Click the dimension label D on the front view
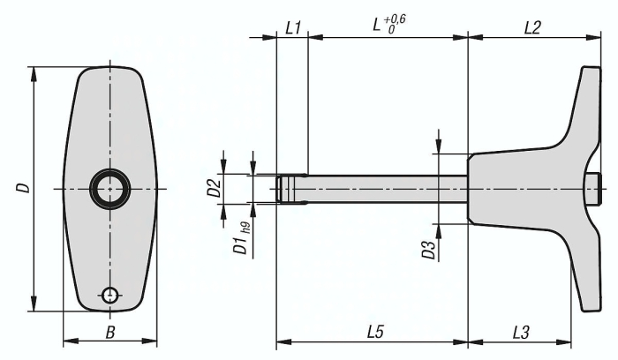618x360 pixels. pos(24,187)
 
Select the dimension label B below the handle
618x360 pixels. pos(110,333)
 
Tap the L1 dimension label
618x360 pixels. pos(293,28)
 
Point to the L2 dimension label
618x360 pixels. pos(532,28)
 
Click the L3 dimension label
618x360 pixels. pos(521,333)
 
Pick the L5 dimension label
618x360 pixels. pos(375,332)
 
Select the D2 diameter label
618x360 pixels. pos(214,188)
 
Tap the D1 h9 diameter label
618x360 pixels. pos(241,239)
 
